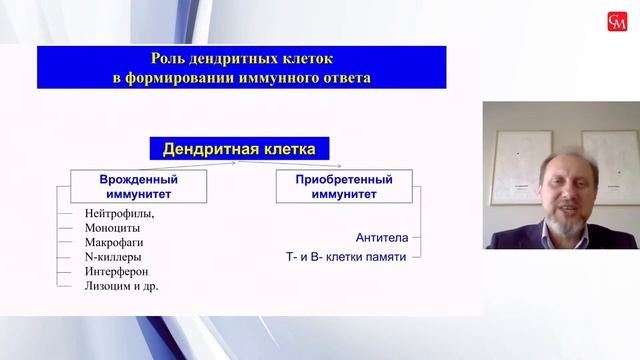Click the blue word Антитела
(380, 238)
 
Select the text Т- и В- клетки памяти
(347, 258)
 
